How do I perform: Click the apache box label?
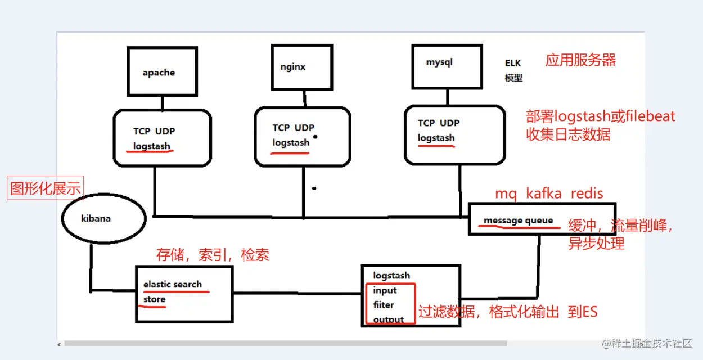coord(159,73)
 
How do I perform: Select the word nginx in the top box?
coord(293,66)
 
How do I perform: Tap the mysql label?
coord(439,62)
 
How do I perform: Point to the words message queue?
coord(518,220)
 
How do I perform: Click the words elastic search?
coord(172,284)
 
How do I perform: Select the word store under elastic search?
coord(154,299)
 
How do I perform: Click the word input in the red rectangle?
coord(385,290)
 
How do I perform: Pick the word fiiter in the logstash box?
coord(384,305)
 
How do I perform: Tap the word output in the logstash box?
coord(389,319)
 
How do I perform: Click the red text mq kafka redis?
coord(549,193)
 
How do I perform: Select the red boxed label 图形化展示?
coord(46,188)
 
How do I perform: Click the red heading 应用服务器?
coord(580,60)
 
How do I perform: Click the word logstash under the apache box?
coord(151,146)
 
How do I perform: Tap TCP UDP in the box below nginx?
coord(294,128)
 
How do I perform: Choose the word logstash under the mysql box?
coord(436,138)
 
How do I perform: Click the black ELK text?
coord(513,63)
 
